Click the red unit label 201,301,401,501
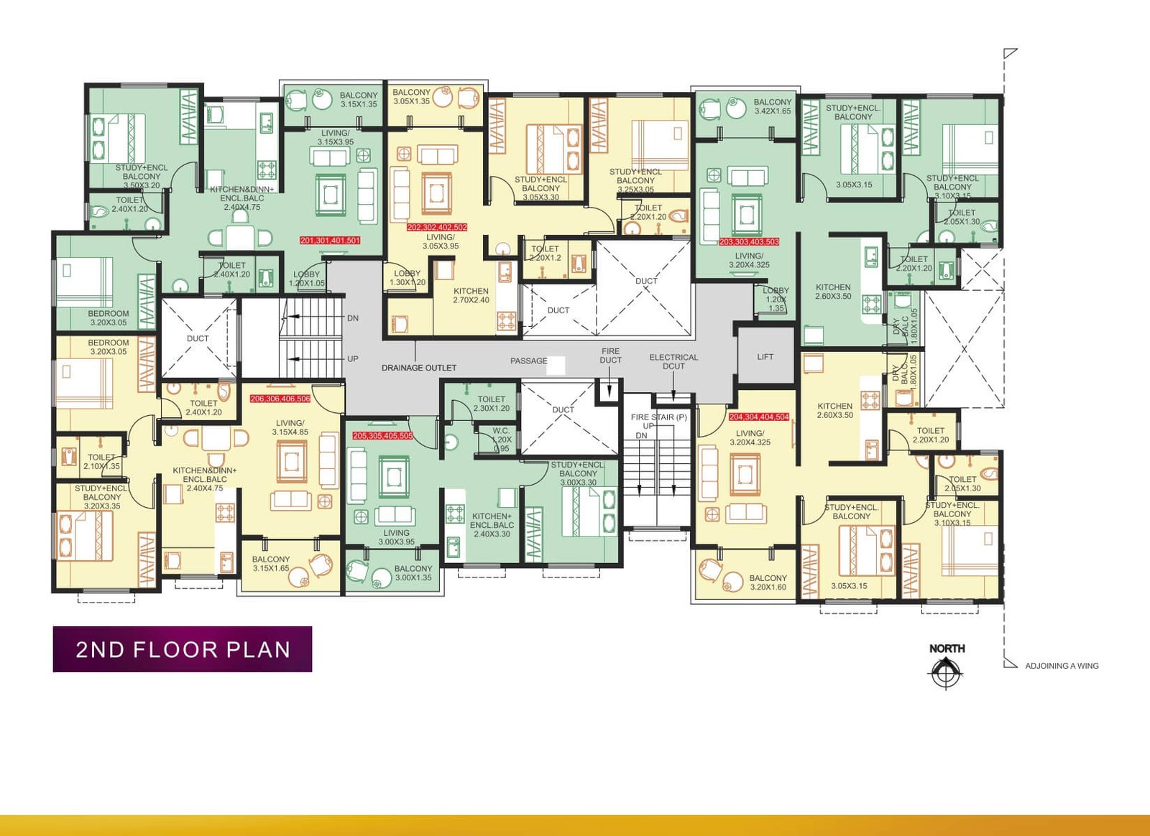[x=330, y=241]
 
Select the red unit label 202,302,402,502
[x=437, y=228]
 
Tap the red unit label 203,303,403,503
[x=749, y=242]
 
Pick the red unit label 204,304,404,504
[x=759, y=417]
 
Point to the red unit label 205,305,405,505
[x=382, y=436]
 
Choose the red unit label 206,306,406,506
[x=280, y=399]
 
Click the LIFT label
[x=765, y=357]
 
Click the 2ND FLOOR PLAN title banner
[x=183, y=649]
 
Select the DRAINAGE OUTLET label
[x=419, y=368]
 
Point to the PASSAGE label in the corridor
[x=529, y=361]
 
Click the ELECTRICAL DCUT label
[x=673, y=361]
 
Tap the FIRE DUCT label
[x=610, y=356]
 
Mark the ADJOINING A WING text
[x=1062, y=666]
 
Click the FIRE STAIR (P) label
[x=658, y=417]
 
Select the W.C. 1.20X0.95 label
[x=502, y=440]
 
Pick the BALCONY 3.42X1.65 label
[x=772, y=106]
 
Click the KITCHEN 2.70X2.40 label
[x=471, y=295]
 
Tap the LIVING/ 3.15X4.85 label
[x=290, y=427]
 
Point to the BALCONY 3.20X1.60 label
[x=768, y=582]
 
